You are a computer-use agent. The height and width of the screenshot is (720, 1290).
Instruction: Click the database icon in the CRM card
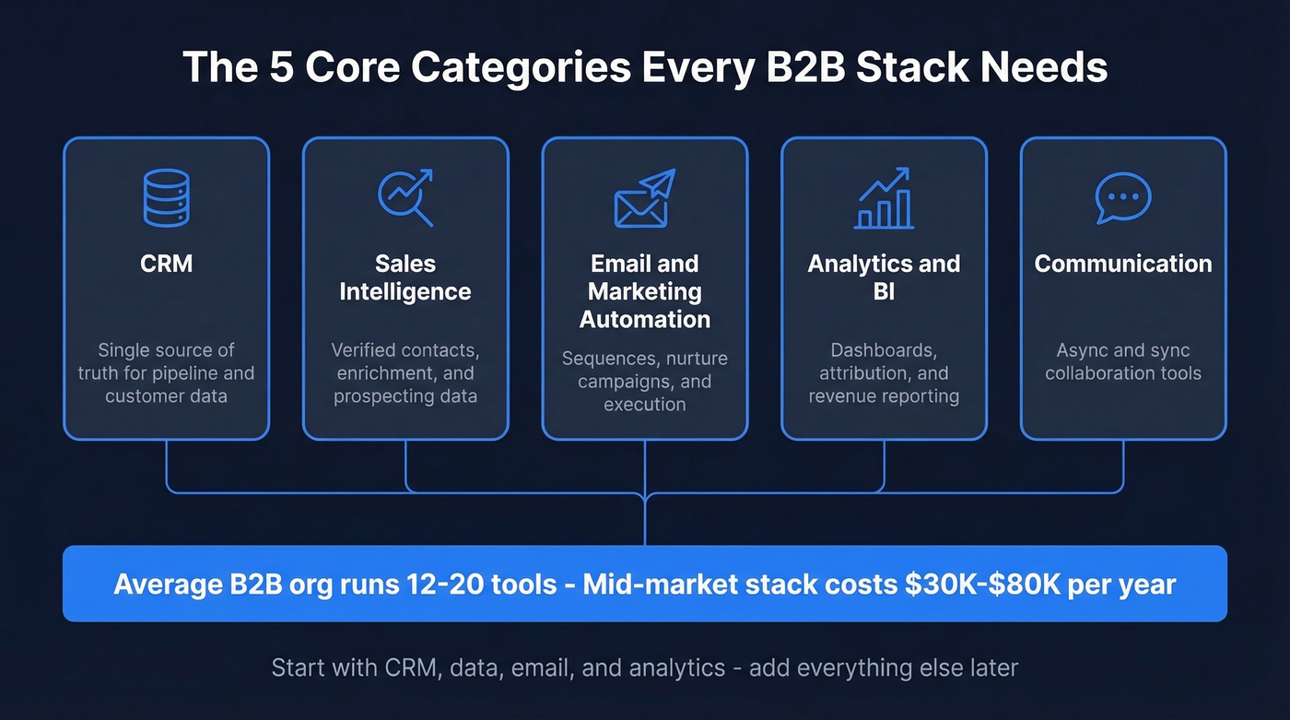point(166,198)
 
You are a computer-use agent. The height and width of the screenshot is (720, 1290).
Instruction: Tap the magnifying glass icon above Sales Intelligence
point(405,197)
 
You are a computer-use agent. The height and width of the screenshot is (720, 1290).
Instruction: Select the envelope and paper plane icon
point(644,198)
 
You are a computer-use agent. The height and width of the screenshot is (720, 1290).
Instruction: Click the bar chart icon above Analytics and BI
point(884,198)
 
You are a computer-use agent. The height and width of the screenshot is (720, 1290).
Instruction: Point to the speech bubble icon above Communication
point(1122,196)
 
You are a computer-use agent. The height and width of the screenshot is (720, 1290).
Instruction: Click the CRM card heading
point(166,264)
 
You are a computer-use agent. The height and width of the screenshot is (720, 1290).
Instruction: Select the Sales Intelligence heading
point(405,277)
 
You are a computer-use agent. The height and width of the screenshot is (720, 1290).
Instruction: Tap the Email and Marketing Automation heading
point(644,291)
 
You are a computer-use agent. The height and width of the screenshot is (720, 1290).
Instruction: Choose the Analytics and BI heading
point(884,277)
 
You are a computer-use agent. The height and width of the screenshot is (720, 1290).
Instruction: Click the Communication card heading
point(1122,264)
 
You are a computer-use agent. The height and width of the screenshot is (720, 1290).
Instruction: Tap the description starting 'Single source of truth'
point(166,373)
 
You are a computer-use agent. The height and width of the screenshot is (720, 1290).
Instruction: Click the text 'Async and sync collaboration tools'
point(1122,362)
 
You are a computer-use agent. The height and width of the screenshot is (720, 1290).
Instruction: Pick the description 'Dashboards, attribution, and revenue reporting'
point(884,373)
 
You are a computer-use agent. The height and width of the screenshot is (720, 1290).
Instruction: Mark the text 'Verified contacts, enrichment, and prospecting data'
point(405,373)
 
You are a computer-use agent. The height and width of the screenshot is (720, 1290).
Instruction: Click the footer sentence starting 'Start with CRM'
point(644,667)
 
